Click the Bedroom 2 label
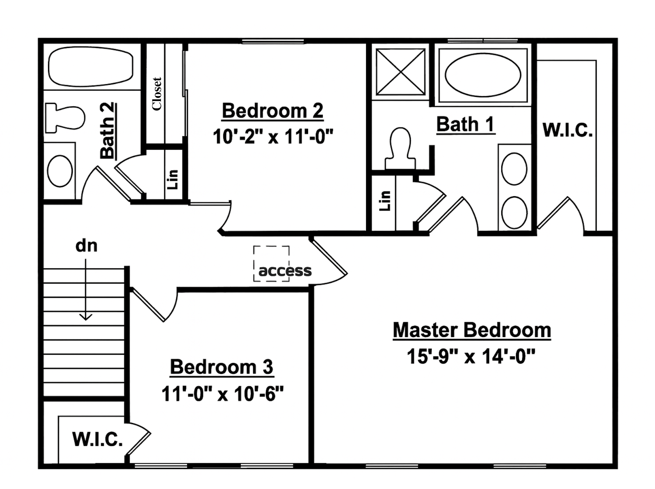tap(272, 111)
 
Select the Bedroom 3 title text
tap(222, 367)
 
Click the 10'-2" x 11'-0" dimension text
tap(273, 136)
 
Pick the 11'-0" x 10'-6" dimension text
tap(223, 394)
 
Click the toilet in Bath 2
tap(65, 118)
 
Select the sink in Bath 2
tap(60, 171)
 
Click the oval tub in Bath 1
tap(483, 75)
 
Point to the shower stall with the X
tap(401, 72)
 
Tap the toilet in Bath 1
tap(400, 148)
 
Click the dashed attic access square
tap(271, 263)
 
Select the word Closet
tap(157, 94)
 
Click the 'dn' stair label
tap(86, 246)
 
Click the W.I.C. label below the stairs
tap(97, 439)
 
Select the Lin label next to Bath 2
tap(173, 180)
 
